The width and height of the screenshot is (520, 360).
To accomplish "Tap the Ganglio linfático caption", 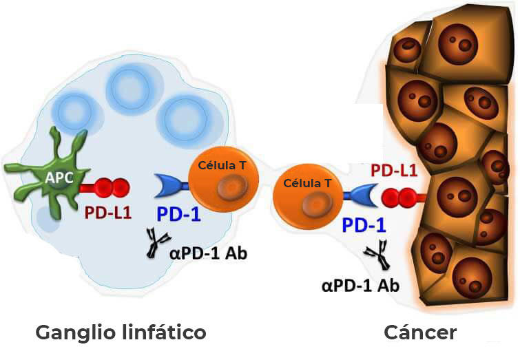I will coord(121,333).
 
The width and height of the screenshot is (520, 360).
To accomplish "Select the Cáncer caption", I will coord(420,333).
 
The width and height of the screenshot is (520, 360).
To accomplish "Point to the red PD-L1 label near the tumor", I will coord(394,171).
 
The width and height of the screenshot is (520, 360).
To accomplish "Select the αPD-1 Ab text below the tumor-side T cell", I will coord(360,284).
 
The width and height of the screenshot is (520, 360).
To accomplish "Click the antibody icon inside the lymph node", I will coord(158,245).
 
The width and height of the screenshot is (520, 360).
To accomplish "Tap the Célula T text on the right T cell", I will coord(303,184).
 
